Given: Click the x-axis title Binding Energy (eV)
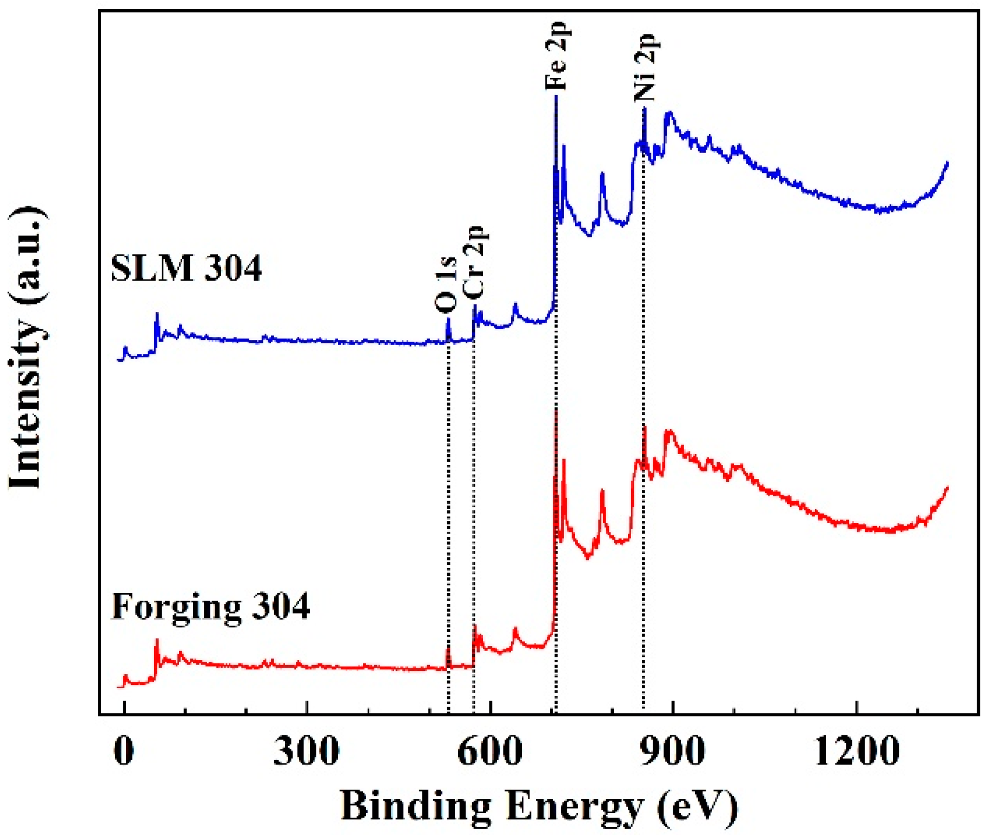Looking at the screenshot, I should coord(539,806).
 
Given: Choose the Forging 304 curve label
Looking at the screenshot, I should coord(210,606).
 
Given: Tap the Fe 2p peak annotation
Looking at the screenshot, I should coord(556,56).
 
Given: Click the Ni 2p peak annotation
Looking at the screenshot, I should coord(645,67).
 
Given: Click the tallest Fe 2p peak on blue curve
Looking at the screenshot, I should coord(556,97).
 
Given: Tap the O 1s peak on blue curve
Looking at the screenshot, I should coord(448,320).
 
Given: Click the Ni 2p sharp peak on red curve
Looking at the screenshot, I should coord(645,428).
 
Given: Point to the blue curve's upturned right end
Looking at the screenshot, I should coord(946,163).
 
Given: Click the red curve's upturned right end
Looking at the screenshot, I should coord(946,489).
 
